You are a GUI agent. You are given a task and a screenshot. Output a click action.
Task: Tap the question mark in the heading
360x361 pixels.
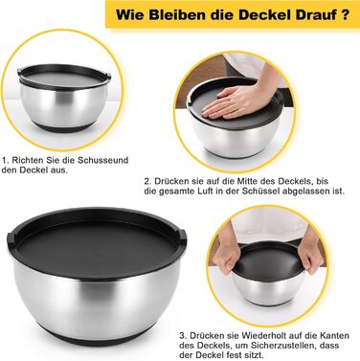[345, 14]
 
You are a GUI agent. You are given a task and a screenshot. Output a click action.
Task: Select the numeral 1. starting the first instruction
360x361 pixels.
[6, 160]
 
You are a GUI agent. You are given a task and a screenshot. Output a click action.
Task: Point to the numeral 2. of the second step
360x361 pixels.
[147, 181]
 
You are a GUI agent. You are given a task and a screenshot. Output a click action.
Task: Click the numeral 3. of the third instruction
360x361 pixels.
[183, 336]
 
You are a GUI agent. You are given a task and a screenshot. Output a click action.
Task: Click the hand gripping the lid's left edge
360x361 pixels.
[228, 251]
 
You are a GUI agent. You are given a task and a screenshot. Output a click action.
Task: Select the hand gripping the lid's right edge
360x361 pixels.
[311, 251]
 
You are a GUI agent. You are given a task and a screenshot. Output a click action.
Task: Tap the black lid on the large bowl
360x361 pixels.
[97, 241]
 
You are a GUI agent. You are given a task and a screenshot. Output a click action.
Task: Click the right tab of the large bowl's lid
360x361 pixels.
[182, 232]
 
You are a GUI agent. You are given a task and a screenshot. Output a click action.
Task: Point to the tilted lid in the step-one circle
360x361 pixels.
[64, 77]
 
